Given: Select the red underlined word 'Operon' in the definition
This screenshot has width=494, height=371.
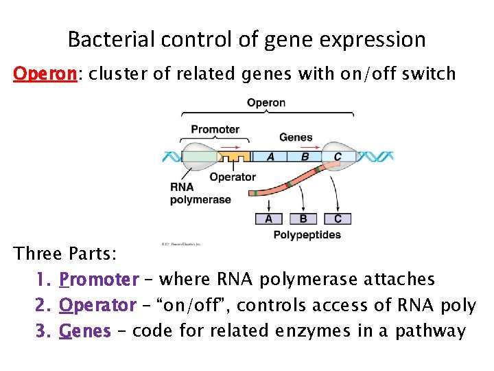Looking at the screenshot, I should click(x=45, y=74).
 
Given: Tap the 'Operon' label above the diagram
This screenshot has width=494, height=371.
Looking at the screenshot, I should click(x=266, y=103).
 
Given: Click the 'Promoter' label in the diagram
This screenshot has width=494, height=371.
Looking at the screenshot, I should click(x=215, y=129).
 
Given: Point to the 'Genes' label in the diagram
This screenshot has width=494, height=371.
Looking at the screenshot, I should click(x=296, y=137).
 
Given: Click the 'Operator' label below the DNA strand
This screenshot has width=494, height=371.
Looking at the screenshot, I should click(x=233, y=177).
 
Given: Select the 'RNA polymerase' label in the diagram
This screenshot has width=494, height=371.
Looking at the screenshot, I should click(x=191, y=194).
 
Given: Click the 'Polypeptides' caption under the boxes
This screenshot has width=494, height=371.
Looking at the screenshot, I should click(x=307, y=235).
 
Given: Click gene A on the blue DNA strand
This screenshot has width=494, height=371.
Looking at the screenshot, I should click(x=270, y=157).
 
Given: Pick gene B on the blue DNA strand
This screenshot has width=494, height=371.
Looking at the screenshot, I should click(x=305, y=157).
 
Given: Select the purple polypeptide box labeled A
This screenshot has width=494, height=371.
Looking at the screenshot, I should click(x=268, y=219).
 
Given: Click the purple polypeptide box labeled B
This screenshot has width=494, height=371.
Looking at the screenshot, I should click(x=303, y=219).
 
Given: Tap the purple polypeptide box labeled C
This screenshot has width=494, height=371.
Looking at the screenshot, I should click(x=338, y=219).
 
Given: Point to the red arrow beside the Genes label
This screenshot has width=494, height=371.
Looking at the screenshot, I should click(x=269, y=146).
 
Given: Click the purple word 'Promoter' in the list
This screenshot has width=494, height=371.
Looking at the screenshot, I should click(x=99, y=280).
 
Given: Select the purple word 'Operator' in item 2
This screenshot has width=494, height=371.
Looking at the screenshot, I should click(x=97, y=305).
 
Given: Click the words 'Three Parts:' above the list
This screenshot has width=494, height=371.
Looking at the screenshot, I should click(x=66, y=254).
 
